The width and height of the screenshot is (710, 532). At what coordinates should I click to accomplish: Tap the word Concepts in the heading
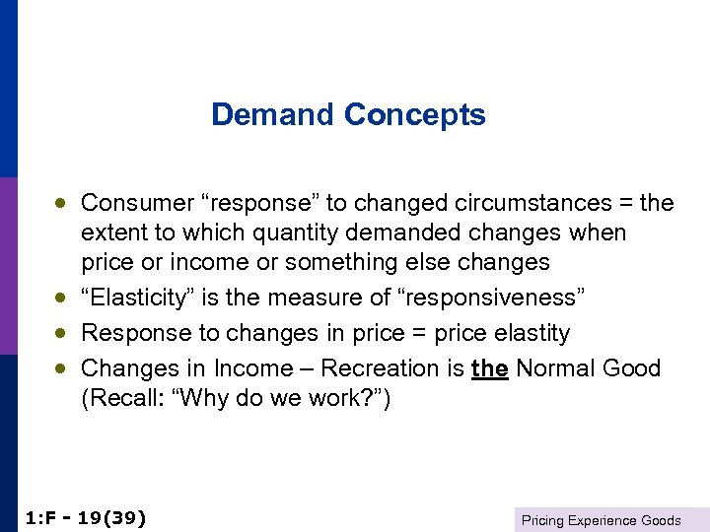tap(415, 116)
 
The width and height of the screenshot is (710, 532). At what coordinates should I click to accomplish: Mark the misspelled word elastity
tap(528, 333)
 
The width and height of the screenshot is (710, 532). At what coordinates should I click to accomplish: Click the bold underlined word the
tap(490, 368)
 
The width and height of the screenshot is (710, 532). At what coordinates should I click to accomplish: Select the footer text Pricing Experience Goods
tap(601, 520)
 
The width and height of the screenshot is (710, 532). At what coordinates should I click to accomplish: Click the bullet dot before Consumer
tap(61, 203)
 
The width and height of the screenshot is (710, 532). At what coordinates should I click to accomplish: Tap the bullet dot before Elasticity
tap(61, 298)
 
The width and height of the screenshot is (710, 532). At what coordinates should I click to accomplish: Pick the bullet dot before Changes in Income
tap(61, 368)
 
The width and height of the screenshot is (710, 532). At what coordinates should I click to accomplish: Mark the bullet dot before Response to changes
tap(61, 333)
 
